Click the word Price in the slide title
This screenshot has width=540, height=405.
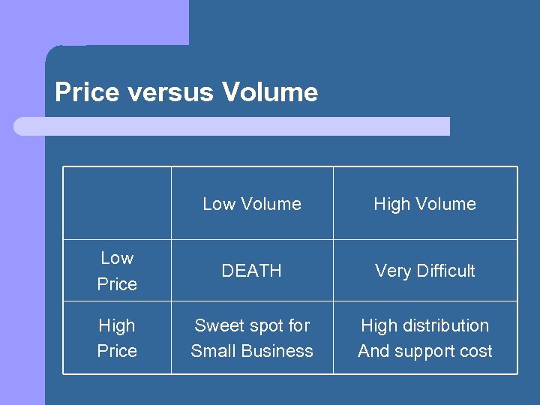click(x=87, y=92)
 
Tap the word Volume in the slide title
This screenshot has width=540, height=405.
click(x=270, y=92)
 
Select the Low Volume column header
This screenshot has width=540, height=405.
click(x=252, y=204)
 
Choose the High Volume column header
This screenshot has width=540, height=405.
click(x=424, y=204)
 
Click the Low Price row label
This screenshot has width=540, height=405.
click(x=117, y=271)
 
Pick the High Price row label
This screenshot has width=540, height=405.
click(x=117, y=337)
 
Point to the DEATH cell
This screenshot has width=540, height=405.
click(x=252, y=271)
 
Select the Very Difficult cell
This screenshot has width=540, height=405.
click(x=424, y=271)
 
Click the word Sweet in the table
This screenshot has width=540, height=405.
click(x=217, y=325)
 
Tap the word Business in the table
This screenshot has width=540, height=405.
click(x=277, y=351)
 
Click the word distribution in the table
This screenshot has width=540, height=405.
click(x=446, y=325)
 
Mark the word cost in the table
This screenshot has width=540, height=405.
click(x=477, y=351)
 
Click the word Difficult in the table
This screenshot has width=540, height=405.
click(x=444, y=271)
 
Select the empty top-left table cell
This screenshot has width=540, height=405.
click(x=117, y=203)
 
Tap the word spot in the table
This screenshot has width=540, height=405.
click(x=262, y=325)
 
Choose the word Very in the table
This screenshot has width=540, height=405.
click(x=391, y=271)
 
